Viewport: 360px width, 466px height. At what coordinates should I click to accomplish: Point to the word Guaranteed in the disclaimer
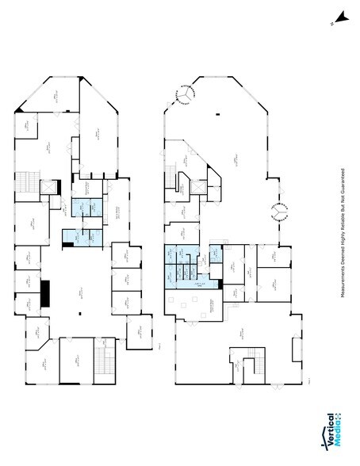(x=343, y=184)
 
